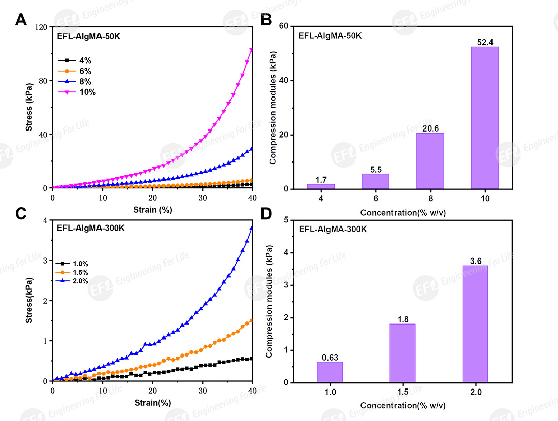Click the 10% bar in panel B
click(x=484, y=118)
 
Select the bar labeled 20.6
click(x=430, y=161)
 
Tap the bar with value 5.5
click(x=375, y=181)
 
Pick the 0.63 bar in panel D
click(x=330, y=372)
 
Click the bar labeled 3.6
click(x=475, y=324)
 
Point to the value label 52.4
click(x=484, y=42)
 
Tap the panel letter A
click(x=21, y=20)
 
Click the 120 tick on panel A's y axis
click(x=41, y=27)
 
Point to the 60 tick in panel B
click(x=283, y=26)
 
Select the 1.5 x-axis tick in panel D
click(x=402, y=393)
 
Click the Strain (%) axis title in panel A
click(x=152, y=209)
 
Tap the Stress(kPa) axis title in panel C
click(x=30, y=301)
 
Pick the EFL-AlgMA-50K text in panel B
click(x=330, y=36)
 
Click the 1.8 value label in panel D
click(x=402, y=319)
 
